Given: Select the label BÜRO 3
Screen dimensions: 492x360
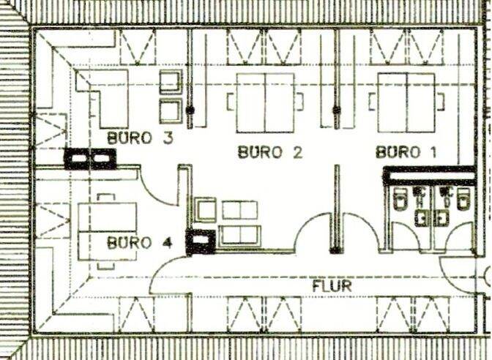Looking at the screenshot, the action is point(140,138).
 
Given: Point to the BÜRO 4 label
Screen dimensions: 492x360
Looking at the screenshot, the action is point(140,242).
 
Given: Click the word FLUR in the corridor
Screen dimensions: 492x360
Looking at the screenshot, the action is point(332,285).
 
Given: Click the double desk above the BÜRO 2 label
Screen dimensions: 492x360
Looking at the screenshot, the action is point(265,102).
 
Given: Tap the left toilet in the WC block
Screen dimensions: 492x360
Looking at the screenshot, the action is point(400,199).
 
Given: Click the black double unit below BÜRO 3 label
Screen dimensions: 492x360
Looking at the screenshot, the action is point(90,159).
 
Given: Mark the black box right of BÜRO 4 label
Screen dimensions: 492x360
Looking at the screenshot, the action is point(200,241).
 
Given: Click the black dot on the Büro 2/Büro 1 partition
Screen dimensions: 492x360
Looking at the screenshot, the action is point(337,110).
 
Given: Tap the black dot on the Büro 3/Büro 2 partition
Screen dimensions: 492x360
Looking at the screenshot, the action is point(190,110).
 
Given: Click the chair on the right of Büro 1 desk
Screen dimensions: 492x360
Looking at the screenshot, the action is point(441,102).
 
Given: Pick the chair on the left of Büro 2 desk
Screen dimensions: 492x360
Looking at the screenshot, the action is point(231,102).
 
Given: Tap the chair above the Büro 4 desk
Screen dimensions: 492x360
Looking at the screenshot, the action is point(106,198).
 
